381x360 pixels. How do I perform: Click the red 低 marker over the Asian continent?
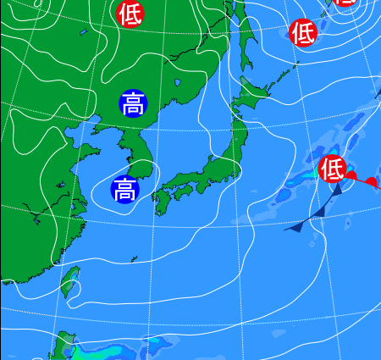130,14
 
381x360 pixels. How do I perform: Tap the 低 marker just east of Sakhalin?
303,33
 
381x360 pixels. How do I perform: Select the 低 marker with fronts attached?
332,169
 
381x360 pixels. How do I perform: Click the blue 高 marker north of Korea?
133,105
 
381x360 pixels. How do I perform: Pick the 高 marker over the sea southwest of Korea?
124,189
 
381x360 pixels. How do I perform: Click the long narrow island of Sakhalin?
248,38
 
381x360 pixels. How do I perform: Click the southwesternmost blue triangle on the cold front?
295,227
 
